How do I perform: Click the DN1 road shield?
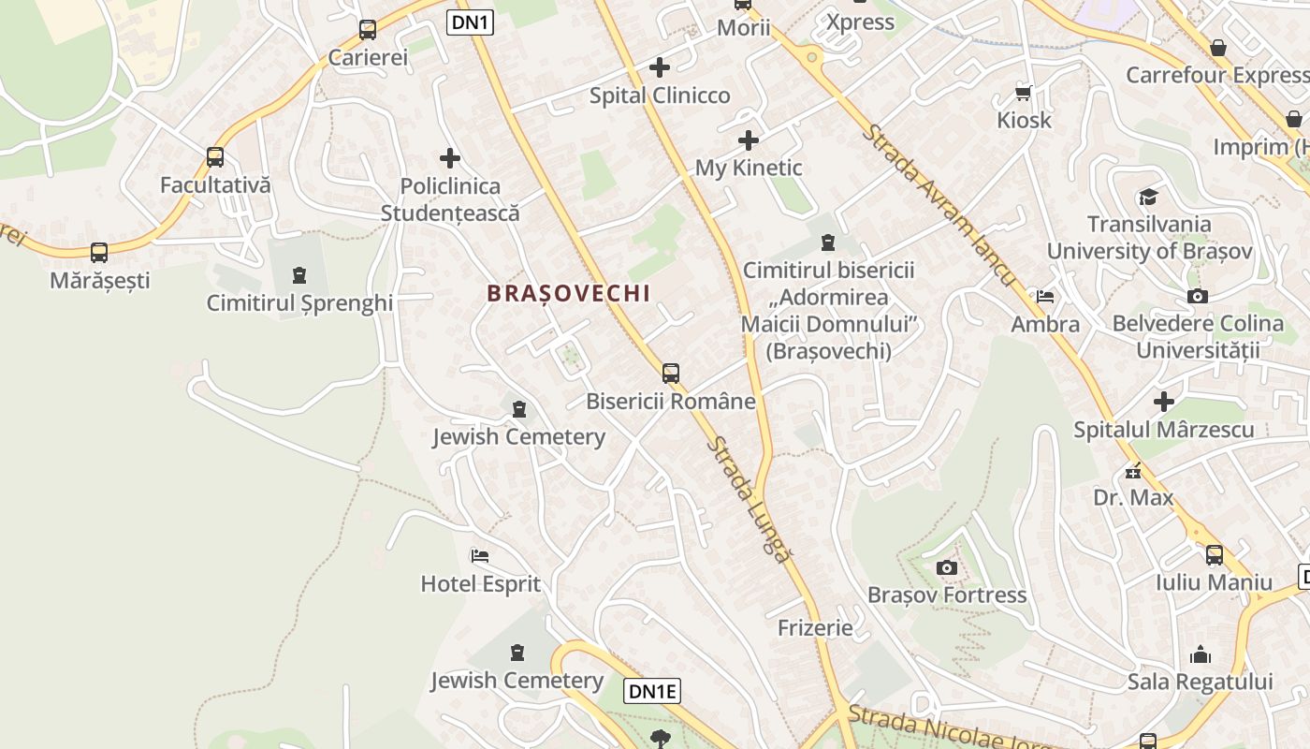click(x=470, y=22)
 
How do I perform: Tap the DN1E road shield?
click(x=652, y=692)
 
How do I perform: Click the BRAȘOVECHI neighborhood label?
click(x=568, y=293)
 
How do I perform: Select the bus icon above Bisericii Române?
click(x=671, y=374)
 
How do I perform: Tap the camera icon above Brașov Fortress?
click(x=947, y=567)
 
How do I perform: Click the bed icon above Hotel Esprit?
click(x=480, y=555)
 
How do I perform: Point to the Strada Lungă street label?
click(x=749, y=500)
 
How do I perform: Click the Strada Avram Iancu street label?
click(x=938, y=205)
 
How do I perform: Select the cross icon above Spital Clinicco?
click(x=660, y=67)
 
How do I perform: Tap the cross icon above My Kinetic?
click(x=749, y=140)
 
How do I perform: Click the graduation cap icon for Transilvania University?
click(x=1148, y=197)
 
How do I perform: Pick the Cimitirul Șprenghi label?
click(x=299, y=303)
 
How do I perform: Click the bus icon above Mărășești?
click(x=99, y=252)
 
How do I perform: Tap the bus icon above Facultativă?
click(x=215, y=157)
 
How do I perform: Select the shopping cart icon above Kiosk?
click(x=1024, y=92)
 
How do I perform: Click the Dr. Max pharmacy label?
click(x=1133, y=497)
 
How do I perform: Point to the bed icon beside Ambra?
click(x=1045, y=297)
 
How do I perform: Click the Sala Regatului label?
click(x=1201, y=682)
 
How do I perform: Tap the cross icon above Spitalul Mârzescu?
click(x=1164, y=402)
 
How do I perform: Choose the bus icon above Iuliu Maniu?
click(x=1215, y=554)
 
